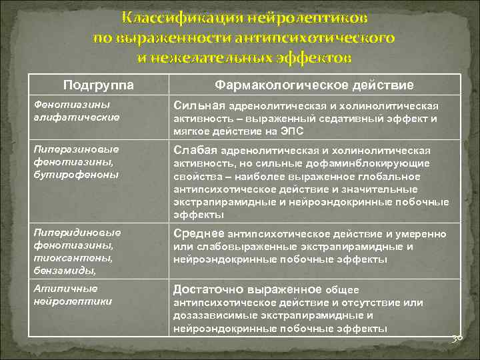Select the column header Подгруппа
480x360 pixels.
98,85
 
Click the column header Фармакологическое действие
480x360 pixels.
314,85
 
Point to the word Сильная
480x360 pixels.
199,105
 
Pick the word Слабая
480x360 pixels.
195,151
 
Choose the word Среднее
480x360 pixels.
199,233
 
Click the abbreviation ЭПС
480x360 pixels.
292,131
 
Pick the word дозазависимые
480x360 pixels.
209,315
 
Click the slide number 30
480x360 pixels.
457,339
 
